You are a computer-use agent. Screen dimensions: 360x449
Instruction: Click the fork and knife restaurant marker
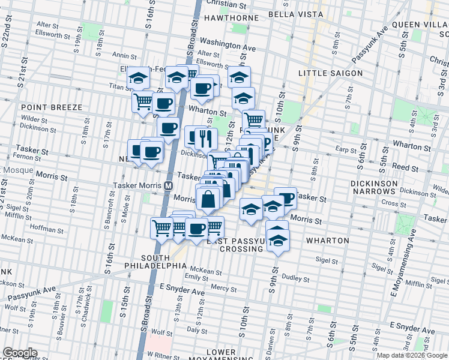pyautogui.click(x=206, y=139)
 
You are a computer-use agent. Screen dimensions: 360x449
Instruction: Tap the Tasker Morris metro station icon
pyautogui.click(x=170, y=185)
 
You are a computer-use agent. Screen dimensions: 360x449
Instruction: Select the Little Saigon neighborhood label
pyautogui.click(x=331, y=73)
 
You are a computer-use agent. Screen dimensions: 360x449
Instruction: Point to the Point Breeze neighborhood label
pyautogui.click(x=51, y=107)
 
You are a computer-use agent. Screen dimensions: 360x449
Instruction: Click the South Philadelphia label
pyautogui.click(x=156, y=265)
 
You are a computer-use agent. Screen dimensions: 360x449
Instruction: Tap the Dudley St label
pyautogui.click(x=295, y=278)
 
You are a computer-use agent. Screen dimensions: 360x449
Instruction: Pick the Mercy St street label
pyautogui.click(x=224, y=289)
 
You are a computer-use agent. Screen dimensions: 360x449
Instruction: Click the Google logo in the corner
pyautogui.click(x=20, y=353)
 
